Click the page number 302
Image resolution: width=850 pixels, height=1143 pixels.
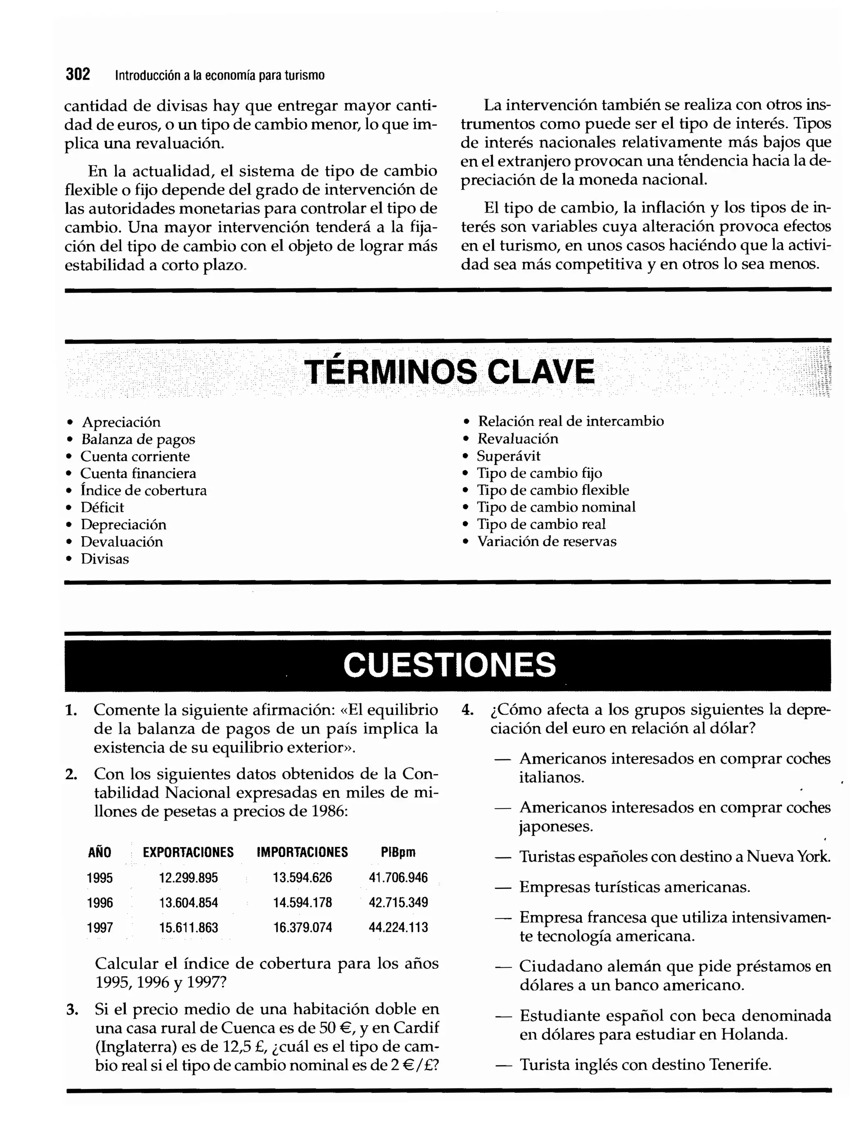(78, 75)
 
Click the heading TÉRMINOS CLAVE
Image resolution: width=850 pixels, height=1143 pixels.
(449, 372)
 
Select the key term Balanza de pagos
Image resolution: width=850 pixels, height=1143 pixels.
(138, 439)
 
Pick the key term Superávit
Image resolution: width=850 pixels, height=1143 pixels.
(508, 456)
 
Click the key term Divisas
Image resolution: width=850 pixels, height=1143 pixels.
(105, 559)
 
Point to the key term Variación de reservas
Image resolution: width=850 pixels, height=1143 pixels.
(547, 541)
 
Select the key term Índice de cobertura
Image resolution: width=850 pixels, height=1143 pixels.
(144, 490)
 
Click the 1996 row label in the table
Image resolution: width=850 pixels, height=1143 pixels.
(100, 902)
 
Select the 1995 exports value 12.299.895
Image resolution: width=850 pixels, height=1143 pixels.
(188, 877)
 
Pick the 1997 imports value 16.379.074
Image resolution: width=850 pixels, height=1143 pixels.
(303, 928)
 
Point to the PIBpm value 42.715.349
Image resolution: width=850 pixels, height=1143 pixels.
(398, 902)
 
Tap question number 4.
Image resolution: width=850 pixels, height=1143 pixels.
(467, 710)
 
